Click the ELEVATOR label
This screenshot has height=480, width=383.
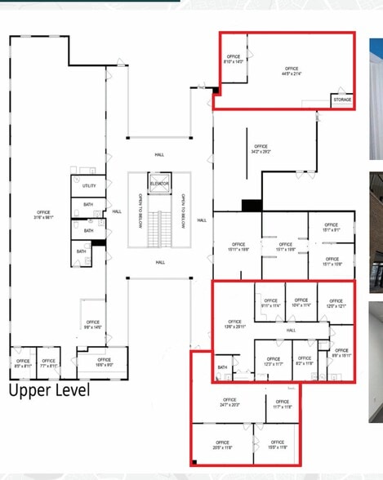tap(159, 184)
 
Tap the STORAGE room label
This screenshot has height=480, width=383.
tap(342, 100)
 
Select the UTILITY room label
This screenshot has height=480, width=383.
tap(89, 186)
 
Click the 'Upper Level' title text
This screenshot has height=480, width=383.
tap(49, 390)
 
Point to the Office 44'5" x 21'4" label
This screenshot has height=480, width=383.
tap(291, 71)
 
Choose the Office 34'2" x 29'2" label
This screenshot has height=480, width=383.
tap(261, 149)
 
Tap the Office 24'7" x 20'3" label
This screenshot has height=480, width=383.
tap(228, 402)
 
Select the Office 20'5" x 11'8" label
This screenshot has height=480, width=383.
tap(223, 447)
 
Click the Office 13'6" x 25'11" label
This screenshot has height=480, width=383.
tap(234, 324)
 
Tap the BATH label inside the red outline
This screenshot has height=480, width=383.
tap(222, 367)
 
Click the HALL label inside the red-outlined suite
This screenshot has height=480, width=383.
tap(291, 330)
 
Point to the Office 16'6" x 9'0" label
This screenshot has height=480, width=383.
tap(104, 362)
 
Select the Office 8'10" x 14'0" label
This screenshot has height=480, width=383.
tap(234, 60)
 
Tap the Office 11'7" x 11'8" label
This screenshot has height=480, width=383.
tap(283, 404)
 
